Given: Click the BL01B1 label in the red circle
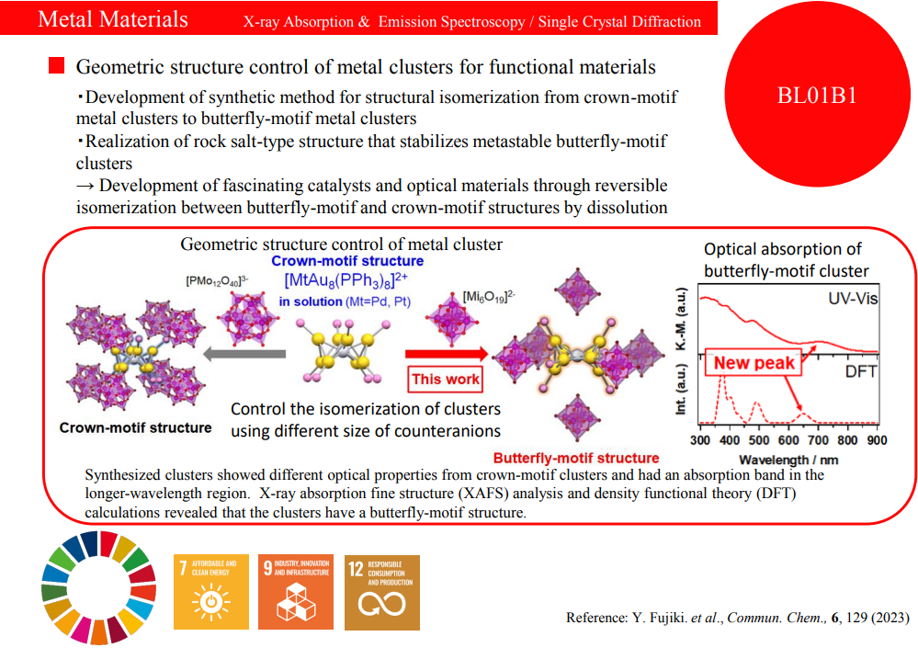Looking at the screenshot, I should pyautogui.click(x=817, y=95).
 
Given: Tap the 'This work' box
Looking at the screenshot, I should pyautogui.click(x=446, y=379).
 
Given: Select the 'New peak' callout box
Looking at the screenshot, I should pyautogui.click(x=754, y=363).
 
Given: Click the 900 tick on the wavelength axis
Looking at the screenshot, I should pyautogui.click(x=876, y=440).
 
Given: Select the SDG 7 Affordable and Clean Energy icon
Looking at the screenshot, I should pyautogui.click(x=211, y=591).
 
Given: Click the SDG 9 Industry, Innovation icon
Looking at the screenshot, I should pyautogui.click(x=296, y=591).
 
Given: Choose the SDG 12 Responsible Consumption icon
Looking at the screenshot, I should pyautogui.click(x=380, y=591).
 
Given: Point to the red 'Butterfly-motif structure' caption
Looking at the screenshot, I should pyautogui.click(x=576, y=458).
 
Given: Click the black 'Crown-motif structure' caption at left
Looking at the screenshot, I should pyautogui.click(x=135, y=427).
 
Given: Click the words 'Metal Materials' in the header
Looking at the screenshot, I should pyautogui.click(x=113, y=19).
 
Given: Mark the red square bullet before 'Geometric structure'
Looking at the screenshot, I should pyautogui.click(x=57, y=66).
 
